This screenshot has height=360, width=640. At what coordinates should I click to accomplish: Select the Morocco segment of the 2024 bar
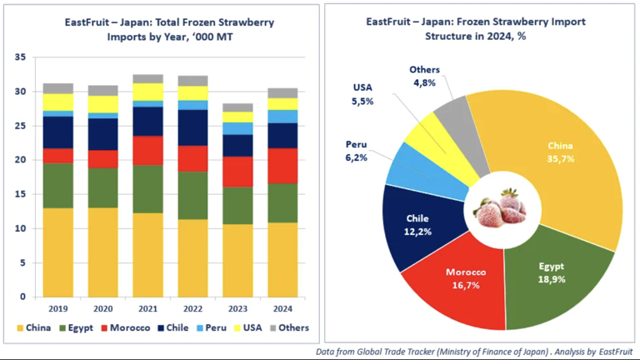[282, 166]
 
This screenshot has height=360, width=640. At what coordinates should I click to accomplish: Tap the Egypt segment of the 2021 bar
[147, 188]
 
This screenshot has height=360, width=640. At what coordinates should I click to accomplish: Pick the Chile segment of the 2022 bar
[192, 127]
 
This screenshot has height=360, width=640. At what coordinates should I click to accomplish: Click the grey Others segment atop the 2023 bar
[237, 107]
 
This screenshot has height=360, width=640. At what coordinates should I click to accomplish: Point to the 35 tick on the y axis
[20, 57]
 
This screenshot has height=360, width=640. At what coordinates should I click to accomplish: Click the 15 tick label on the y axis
[20, 194]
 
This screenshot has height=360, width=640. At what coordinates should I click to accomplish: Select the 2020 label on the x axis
[102, 308]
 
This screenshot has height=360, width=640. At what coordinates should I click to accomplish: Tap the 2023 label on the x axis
[237, 308]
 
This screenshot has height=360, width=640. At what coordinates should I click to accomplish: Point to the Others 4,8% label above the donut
[425, 76]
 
